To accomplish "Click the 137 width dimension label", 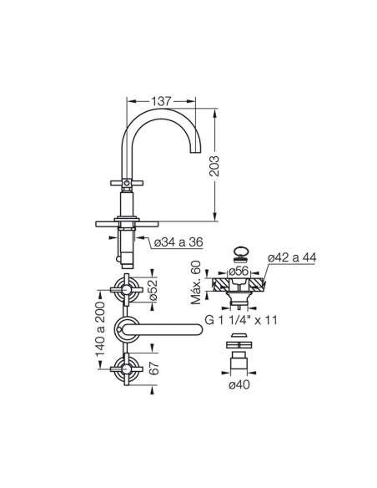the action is pyautogui.click(x=161, y=101).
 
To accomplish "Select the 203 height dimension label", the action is pyautogui.click(x=214, y=166).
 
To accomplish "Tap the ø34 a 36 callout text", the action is pyautogui.click(x=178, y=241).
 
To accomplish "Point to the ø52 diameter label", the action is pyautogui.click(x=153, y=290).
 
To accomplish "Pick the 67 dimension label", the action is pyautogui.click(x=153, y=369).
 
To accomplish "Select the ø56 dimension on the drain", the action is pyautogui.click(x=239, y=271).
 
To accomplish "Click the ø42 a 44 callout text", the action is pyautogui.click(x=292, y=257).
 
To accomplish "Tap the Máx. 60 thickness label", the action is pyautogui.click(x=196, y=282).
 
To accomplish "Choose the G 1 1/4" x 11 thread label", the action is pyautogui.click(x=241, y=320).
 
